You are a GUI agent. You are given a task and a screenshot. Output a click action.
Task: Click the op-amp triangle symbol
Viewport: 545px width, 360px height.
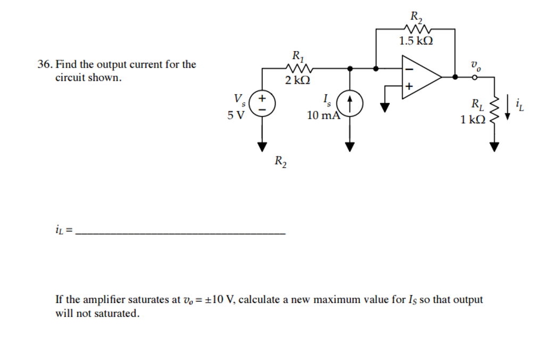click(420, 77)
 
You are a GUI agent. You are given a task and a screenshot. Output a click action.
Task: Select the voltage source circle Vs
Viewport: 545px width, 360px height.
click(262, 103)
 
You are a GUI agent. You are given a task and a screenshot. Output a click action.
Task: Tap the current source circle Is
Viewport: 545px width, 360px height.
click(350, 103)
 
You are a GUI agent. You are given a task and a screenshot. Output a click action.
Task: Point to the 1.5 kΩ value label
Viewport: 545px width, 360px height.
click(416, 40)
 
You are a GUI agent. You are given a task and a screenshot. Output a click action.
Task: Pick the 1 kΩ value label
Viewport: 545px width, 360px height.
click(473, 120)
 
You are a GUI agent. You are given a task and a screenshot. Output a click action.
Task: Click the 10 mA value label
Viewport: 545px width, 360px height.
click(323, 115)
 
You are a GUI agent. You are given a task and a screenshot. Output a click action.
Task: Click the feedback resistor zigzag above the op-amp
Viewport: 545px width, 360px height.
click(416, 29)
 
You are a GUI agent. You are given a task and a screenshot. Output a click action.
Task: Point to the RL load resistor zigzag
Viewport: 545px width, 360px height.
click(495, 110)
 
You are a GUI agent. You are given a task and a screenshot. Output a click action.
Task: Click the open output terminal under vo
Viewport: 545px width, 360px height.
click(474, 77)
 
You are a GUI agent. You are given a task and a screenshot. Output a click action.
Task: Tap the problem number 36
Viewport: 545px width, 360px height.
click(44, 65)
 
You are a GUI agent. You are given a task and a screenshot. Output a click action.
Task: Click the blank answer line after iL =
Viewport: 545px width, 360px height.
click(181, 233)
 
